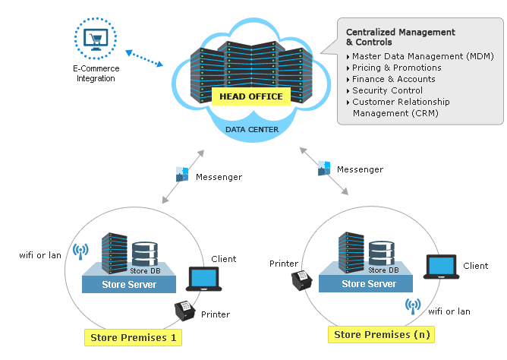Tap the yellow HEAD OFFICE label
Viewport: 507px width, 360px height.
(250, 96)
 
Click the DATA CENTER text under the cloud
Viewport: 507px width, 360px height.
(251, 129)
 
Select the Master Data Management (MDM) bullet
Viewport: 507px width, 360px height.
(422, 56)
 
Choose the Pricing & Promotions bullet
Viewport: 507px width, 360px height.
(396, 68)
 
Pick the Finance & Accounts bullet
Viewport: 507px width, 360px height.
(393, 79)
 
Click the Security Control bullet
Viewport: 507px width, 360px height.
(387, 90)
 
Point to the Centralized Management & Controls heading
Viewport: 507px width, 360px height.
(400, 37)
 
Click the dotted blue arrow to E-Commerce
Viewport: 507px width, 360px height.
(143, 58)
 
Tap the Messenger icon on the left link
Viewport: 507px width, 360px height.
(182, 174)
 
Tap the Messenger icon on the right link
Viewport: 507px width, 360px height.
(324, 168)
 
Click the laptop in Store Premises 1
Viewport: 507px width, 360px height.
(204, 279)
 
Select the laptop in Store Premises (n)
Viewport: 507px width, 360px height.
(442, 267)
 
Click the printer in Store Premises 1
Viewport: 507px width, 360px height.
(184, 311)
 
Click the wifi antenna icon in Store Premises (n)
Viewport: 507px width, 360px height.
(413, 305)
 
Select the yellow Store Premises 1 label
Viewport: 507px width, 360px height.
(133, 337)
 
